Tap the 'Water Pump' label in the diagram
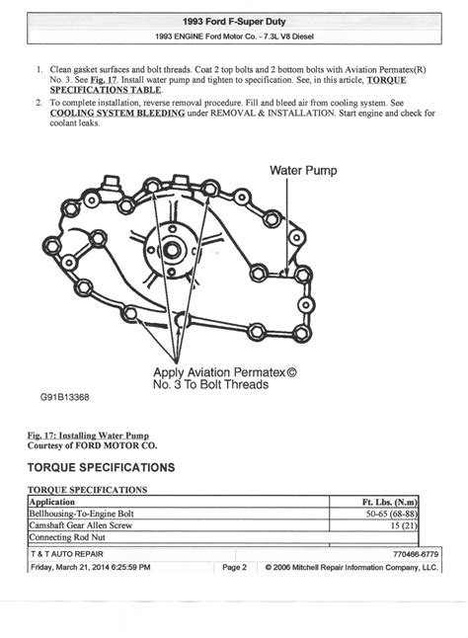pos(303,170)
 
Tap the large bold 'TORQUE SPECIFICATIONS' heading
pos(102,467)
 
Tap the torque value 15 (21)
pos(401,526)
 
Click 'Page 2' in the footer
pos(234,568)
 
